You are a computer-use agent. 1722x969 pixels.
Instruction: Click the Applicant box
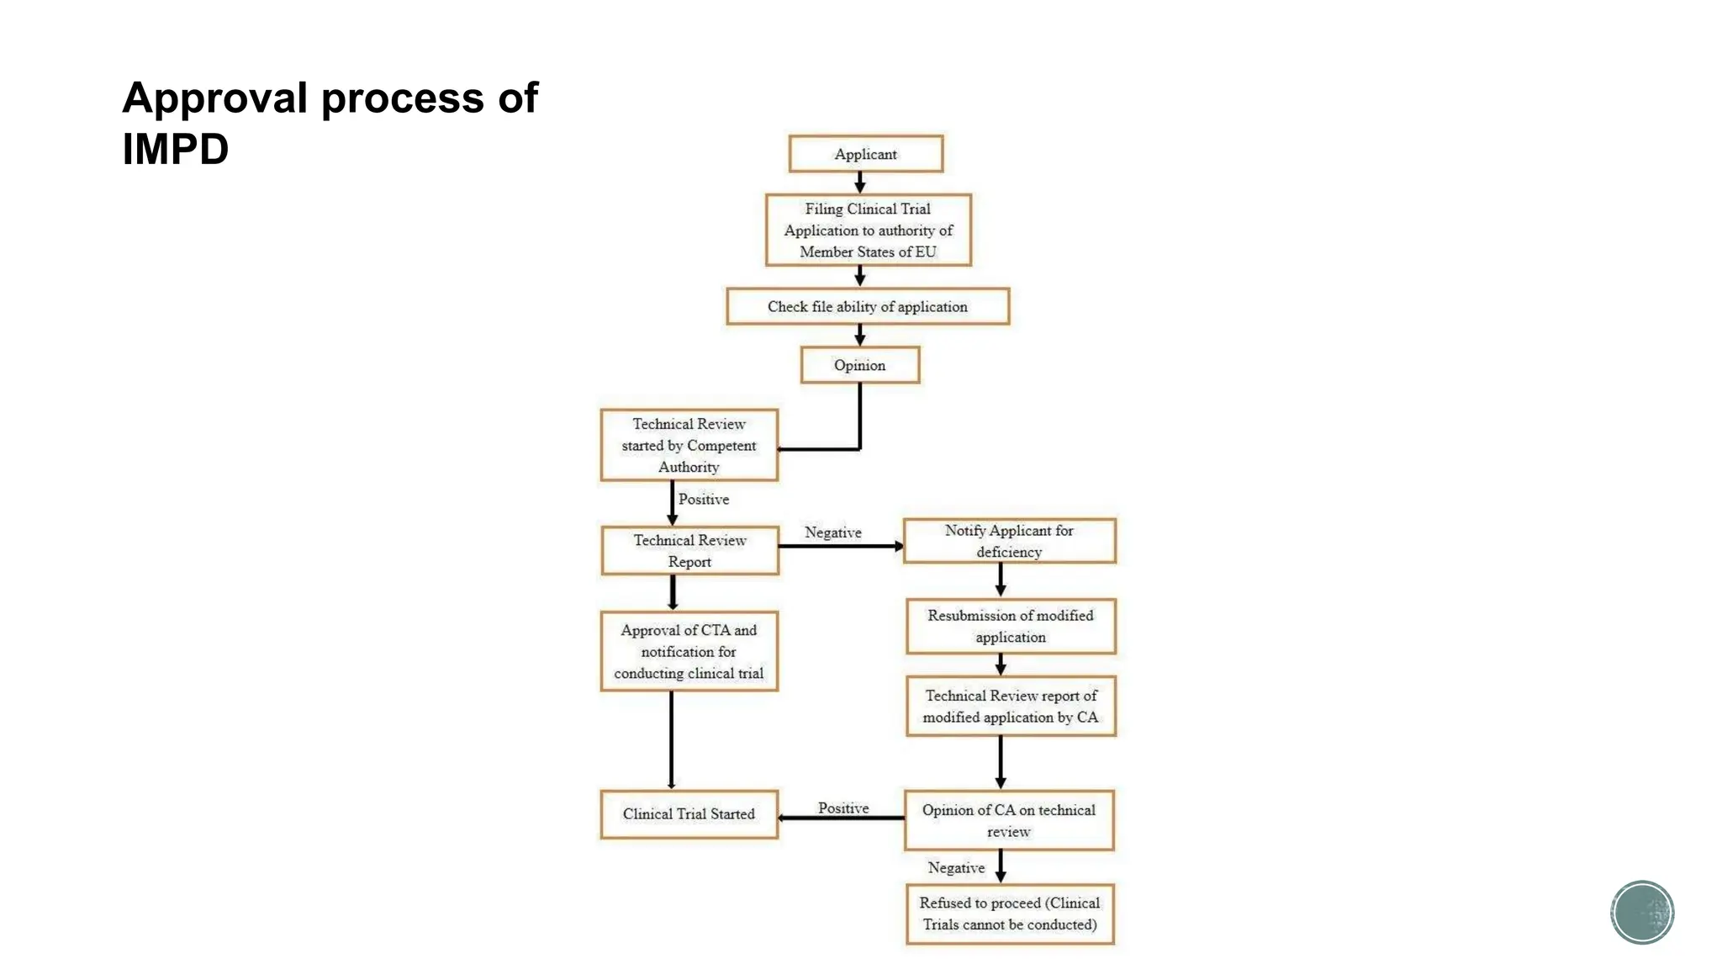point(865,154)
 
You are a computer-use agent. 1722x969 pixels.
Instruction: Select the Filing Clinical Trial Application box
point(868,230)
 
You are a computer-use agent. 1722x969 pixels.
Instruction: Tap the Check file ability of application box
point(867,306)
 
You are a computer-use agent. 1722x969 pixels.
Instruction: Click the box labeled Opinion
point(859,365)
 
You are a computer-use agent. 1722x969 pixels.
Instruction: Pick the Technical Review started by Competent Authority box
point(689,445)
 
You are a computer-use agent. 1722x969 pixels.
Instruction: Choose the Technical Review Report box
point(689,551)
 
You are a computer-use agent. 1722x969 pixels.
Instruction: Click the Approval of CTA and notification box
point(689,651)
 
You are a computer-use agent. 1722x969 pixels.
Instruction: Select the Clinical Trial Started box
point(689,813)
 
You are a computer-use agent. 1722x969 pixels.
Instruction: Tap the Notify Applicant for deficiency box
point(1009,541)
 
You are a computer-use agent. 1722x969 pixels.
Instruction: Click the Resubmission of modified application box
point(1010,626)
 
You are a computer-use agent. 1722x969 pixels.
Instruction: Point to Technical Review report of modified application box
point(1010,706)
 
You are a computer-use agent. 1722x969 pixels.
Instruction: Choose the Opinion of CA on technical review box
point(1008,820)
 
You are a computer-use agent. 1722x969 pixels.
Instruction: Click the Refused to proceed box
point(1009,913)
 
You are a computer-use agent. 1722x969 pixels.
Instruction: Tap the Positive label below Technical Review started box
point(704,499)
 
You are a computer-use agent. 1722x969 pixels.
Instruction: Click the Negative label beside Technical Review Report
point(832,532)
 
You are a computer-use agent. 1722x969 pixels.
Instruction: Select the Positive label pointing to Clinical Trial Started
point(843,807)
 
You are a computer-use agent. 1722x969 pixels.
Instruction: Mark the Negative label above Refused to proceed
point(956,867)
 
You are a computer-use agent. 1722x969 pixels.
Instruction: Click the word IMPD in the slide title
point(175,149)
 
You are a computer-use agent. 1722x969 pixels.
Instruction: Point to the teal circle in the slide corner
point(1641,912)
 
